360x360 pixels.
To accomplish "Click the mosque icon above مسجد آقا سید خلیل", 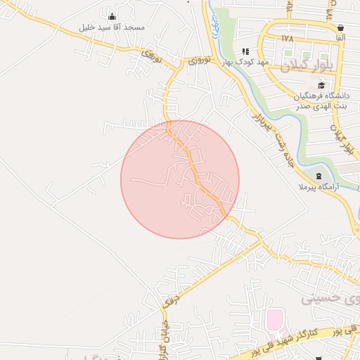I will pyautogui.click(x=112, y=17).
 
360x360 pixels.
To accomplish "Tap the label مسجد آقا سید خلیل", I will pyautogui.click(x=112, y=27).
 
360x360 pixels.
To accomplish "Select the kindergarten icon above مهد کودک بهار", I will pyautogui.click(x=245, y=51).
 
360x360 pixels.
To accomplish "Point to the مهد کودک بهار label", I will pyautogui.click(x=245, y=62).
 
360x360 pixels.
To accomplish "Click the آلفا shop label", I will pyautogui.click(x=340, y=37).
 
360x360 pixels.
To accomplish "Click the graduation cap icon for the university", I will pyautogui.click(x=321, y=86).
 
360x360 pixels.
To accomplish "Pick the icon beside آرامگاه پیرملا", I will pyautogui.click(x=319, y=176).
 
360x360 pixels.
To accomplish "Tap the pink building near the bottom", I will pyautogui.click(x=274, y=321).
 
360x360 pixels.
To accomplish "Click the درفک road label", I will pyautogui.click(x=169, y=297).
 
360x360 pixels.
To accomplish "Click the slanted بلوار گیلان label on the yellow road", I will pyautogui.click(x=343, y=139).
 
